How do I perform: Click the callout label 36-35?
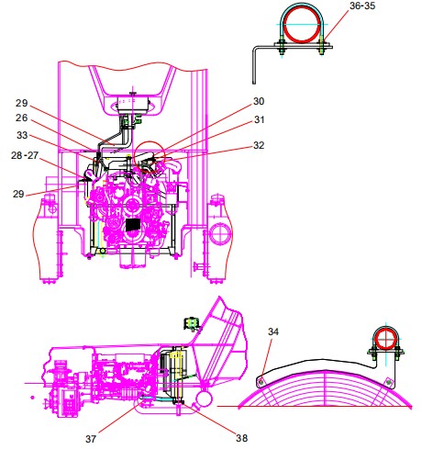pyautogui.click(x=362, y=6)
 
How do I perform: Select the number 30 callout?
pyautogui.click(x=259, y=101)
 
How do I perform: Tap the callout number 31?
pyautogui.click(x=259, y=119)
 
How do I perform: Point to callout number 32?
pyautogui.click(x=259, y=145)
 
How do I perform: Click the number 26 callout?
pyautogui.click(x=21, y=118)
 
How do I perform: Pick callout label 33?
pyautogui.click(x=22, y=135)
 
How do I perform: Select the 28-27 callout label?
pyautogui.click(x=25, y=155)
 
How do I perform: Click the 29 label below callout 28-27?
pyautogui.click(x=18, y=194)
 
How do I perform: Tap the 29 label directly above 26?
pyautogui.click(x=21, y=103)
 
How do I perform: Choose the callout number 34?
pyautogui.click(x=273, y=331)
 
